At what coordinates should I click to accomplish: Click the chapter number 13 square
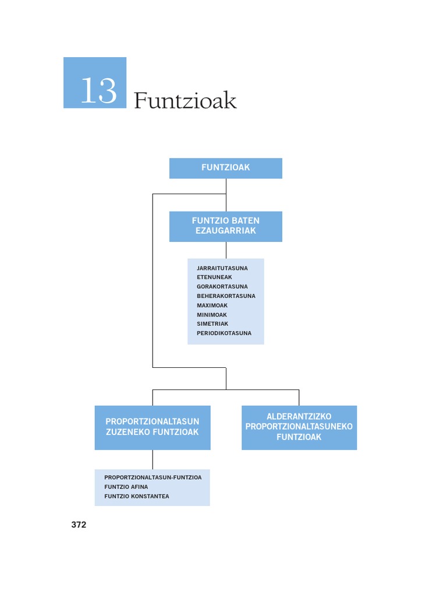[95, 83]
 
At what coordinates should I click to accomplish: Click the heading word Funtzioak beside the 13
[185, 101]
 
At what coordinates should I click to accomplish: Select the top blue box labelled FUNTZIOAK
[226, 168]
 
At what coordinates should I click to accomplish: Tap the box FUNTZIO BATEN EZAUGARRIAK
[226, 226]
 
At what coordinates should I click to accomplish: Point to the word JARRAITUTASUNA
[222, 268]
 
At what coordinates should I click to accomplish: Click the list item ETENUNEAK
[214, 278]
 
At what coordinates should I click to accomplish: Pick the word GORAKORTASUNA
[222, 287]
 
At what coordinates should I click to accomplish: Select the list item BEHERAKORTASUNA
[226, 296]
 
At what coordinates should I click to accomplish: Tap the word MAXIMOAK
[212, 305]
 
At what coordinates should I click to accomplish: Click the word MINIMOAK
[212, 315]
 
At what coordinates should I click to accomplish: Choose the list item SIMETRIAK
[212, 324]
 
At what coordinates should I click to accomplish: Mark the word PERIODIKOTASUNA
[224, 333]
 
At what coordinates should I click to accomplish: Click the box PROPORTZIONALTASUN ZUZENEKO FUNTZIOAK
[152, 427]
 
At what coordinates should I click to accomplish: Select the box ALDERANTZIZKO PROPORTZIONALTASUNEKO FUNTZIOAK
[299, 427]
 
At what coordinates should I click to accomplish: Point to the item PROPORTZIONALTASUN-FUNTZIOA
[153, 477]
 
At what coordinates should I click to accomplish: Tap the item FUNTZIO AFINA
[122, 487]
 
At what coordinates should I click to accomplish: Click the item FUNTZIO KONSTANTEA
[137, 496]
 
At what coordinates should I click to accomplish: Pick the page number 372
[79, 525]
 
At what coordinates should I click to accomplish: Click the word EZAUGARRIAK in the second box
[226, 231]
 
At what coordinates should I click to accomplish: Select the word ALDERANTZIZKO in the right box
[299, 417]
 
